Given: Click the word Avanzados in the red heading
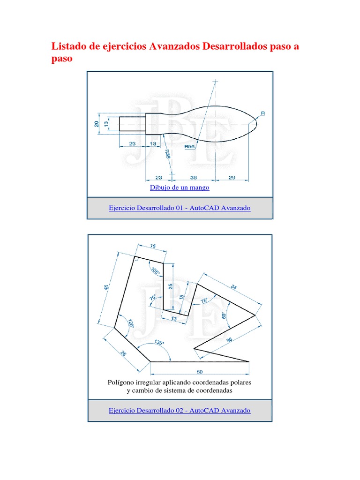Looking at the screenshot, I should point(173,46).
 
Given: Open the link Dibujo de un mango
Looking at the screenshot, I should point(180,187).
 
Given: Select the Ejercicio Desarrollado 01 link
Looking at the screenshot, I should point(180,208).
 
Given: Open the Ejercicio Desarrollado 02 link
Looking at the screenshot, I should point(180,411).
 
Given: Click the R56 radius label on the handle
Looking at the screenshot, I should point(189,147).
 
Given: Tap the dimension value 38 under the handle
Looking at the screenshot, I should point(194,177).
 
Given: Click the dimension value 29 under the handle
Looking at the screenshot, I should point(232,177).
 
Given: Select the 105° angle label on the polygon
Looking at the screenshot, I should point(155,271).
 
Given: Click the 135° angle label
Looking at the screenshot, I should point(158,343).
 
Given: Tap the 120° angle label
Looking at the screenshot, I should point(131,324).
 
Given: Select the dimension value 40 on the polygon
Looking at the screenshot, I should point(106,287).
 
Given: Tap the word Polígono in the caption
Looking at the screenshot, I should point(122,382).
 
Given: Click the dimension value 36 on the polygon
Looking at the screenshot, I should point(229,341).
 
